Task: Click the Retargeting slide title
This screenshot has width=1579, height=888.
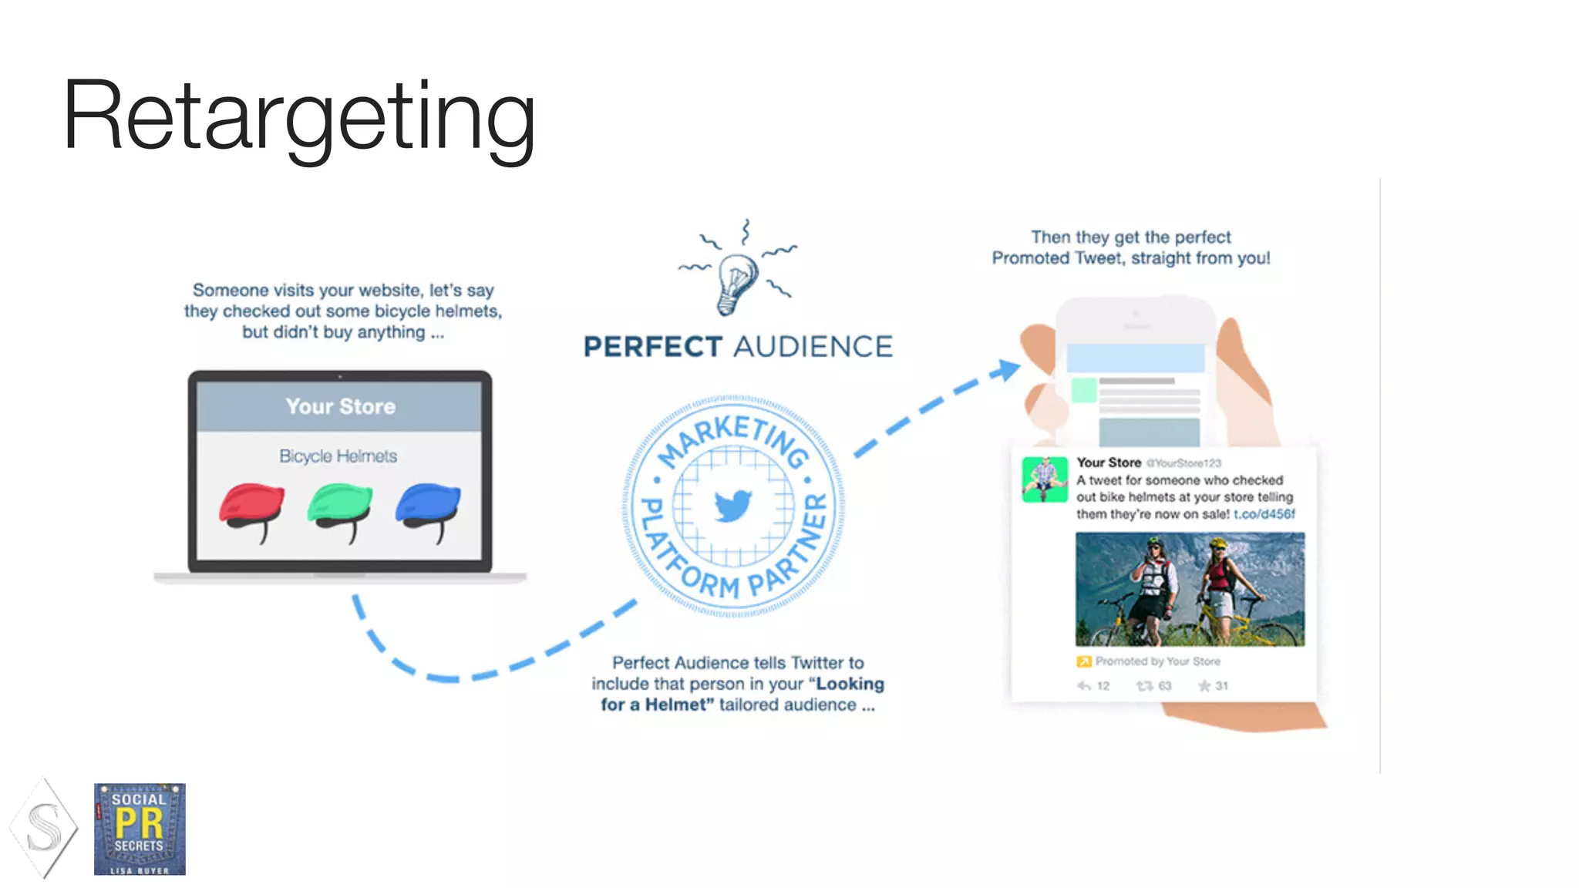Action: click(299, 116)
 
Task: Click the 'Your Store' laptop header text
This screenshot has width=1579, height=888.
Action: click(340, 406)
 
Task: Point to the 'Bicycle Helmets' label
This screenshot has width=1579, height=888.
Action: click(338, 456)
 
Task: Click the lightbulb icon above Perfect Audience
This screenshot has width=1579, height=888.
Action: click(736, 281)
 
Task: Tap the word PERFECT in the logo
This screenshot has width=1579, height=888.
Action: click(652, 347)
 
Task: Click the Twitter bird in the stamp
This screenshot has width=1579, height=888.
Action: click(732, 506)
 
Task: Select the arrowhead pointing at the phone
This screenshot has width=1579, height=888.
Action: click(1006, 370)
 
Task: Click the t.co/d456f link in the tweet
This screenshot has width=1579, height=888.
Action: click(1264, 514)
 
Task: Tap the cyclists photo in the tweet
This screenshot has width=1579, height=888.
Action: click(1190, 589)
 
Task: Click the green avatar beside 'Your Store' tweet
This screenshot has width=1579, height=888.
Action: click(1045, 479)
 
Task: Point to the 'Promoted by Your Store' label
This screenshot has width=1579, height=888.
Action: click(1157, 661)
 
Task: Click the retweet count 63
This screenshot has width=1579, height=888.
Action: click(1163, 686)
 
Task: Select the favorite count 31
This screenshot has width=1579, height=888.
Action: click(1221, 686)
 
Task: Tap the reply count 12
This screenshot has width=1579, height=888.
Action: click(1103, 686)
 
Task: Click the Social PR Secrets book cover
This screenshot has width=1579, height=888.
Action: click(140, 829)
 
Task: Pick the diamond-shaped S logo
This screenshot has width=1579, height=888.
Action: click(44, 829)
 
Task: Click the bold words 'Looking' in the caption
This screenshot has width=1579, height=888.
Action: click(850, 684)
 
